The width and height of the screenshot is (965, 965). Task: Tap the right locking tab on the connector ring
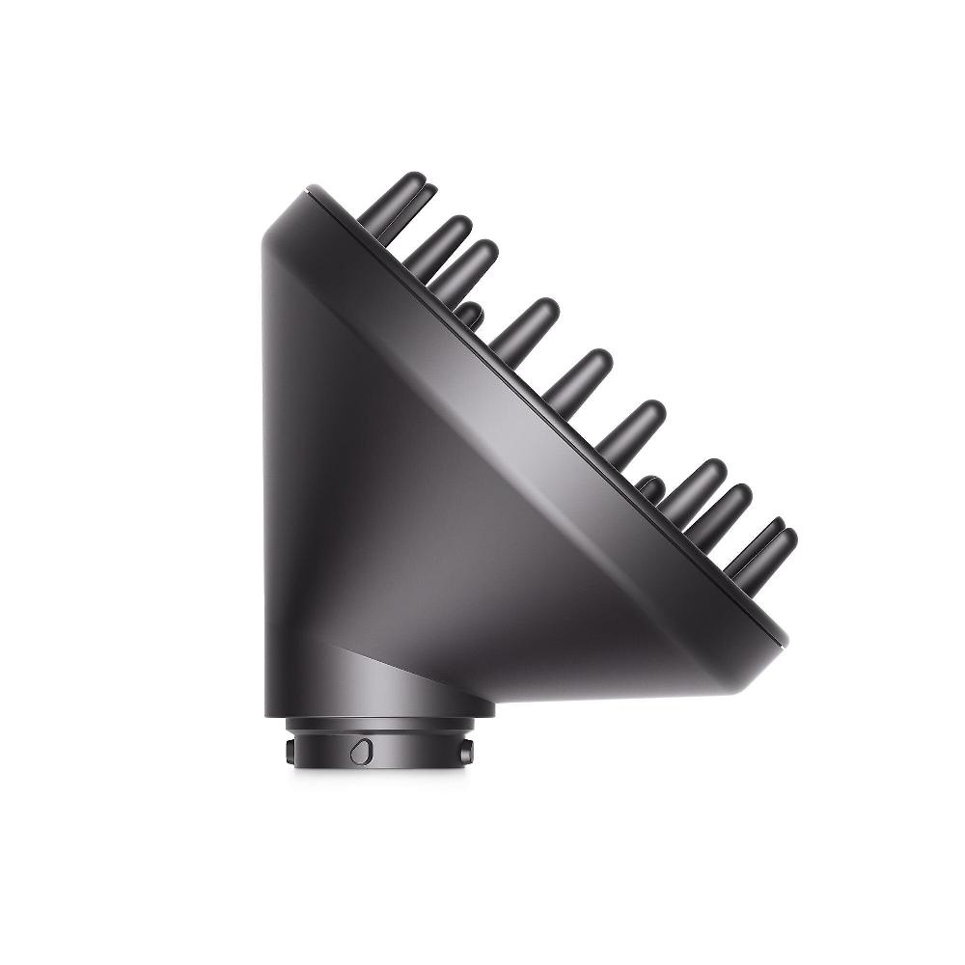(467, 750)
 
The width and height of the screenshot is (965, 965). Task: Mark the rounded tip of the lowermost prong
(786, 538)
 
